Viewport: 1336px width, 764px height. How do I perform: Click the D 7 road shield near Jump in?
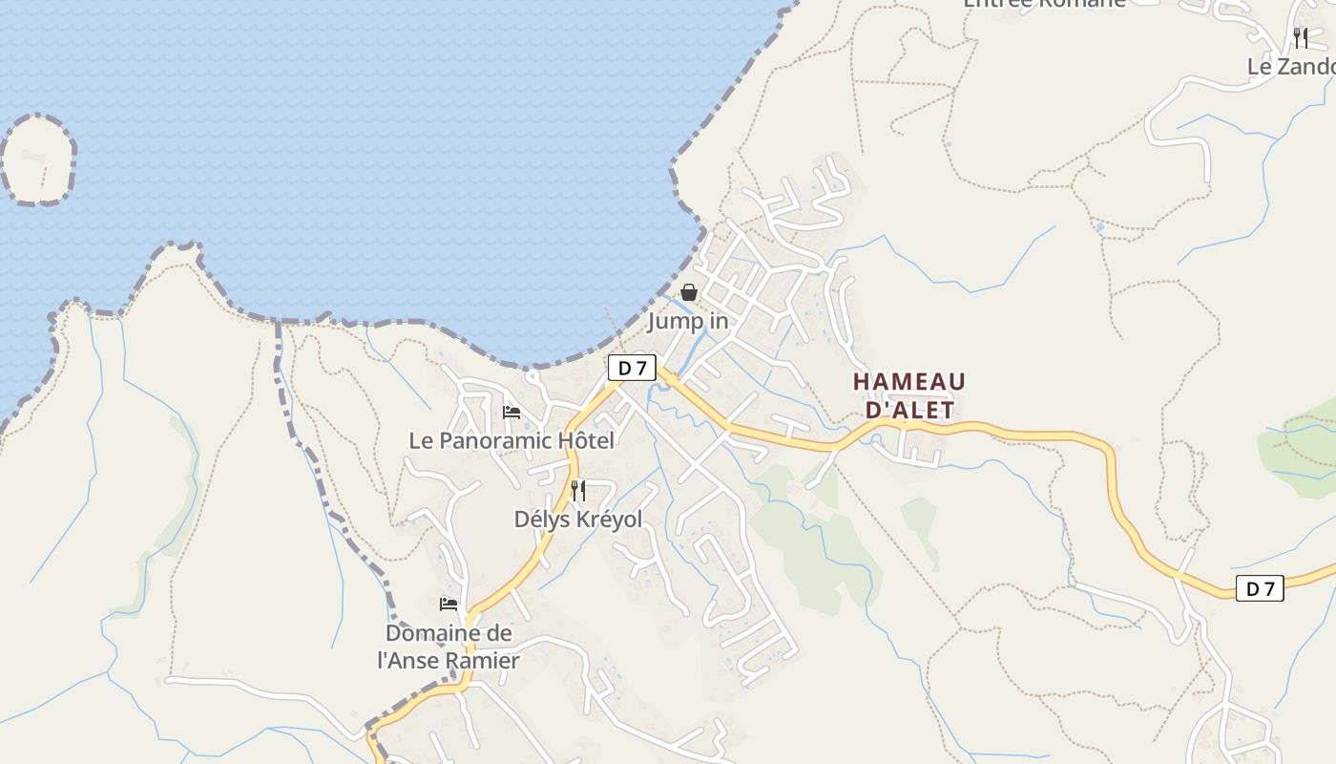[632, 368]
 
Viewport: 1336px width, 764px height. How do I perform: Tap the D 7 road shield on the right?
[1260, 588]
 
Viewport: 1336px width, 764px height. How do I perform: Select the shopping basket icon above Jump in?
[688, 292]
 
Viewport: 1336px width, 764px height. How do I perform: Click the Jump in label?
[688, 321]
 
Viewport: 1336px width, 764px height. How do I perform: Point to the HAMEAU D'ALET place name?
[908, 395]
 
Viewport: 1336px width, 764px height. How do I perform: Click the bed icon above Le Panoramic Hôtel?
[511, 413]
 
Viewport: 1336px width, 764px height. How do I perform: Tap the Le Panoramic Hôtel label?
[511, 440]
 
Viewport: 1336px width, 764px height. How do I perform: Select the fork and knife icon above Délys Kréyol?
[578, 491]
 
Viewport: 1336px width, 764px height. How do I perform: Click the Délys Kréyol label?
[578, 519]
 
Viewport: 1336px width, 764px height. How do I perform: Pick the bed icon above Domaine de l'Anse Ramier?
[449, 605]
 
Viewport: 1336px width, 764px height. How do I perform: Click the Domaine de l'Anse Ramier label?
[449, 647]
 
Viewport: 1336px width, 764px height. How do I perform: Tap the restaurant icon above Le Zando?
[1301, 38]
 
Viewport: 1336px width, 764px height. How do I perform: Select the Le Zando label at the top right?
[1291, 67]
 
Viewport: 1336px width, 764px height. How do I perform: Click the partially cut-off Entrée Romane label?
[1044, 4]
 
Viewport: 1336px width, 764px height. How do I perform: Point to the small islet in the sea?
[38, 159]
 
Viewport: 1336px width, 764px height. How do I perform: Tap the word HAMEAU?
[908, 382]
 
